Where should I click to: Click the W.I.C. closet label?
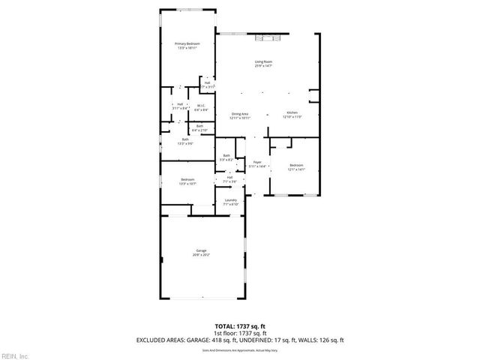201,108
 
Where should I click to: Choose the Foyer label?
257,163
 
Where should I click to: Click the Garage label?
202,252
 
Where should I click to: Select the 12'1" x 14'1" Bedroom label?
298,166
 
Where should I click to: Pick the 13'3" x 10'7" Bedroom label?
187,181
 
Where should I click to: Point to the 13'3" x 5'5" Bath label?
185,141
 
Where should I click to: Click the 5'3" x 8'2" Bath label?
226,157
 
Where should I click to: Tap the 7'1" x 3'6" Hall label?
229,179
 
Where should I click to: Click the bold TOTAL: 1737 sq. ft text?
240,327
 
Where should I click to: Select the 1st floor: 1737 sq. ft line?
240,333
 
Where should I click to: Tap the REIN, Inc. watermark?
14,355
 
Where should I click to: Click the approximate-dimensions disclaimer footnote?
240,349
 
